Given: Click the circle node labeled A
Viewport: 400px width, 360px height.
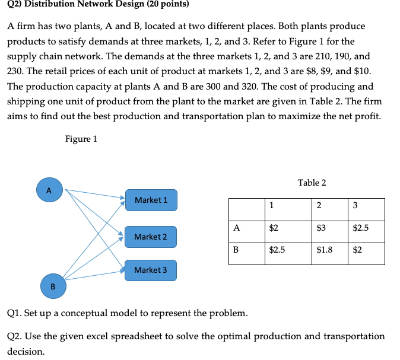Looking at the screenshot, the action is point(49,190).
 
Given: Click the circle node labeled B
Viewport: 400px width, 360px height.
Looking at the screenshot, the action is point(52,286).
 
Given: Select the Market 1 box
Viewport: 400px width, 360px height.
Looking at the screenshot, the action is point(151,200).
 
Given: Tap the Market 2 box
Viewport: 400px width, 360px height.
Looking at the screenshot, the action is point(151,237).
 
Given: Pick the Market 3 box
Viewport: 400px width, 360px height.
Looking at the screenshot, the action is point(151,270).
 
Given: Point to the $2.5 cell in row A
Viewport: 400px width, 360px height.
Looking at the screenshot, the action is point(361,227).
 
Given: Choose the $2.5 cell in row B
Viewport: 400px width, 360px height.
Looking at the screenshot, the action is point(278,250).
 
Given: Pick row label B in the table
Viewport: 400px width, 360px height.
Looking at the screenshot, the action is point(236,250).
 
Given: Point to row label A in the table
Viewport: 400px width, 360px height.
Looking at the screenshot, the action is point(237,227).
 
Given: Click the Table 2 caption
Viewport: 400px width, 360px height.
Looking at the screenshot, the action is point(312,183).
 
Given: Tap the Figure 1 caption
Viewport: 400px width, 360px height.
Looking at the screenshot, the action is point(81,139).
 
